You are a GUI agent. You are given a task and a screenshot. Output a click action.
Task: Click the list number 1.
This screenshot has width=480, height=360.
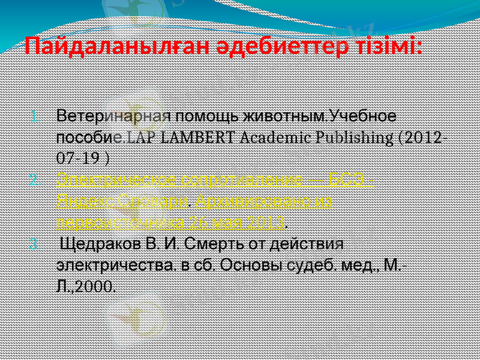(x=35, y=115)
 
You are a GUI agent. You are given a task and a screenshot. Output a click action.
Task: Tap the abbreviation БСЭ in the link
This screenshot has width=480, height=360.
(x=349, y=180)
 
